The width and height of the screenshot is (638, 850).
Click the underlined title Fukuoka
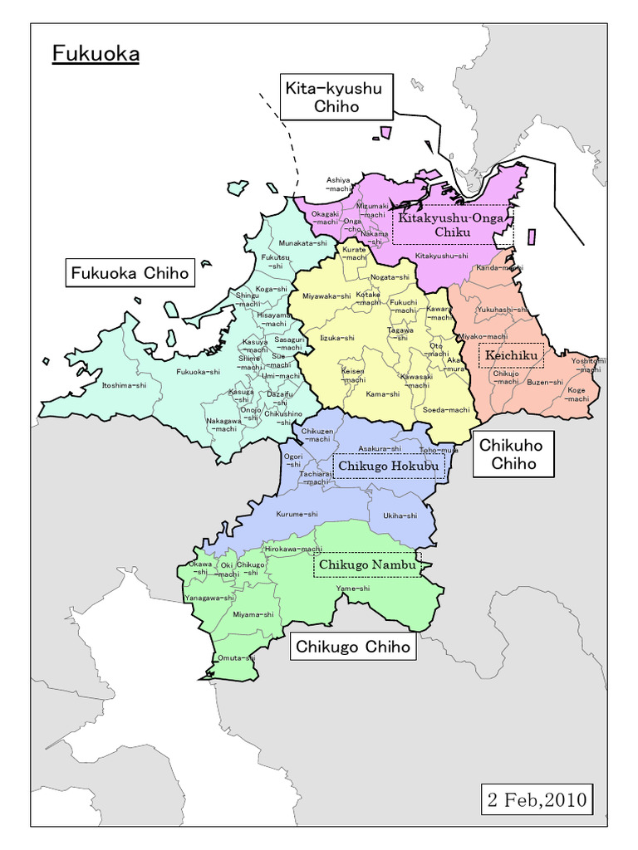point(96,54)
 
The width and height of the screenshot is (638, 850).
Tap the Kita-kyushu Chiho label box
point(336,97)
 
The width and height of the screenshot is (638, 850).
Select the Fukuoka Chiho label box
point(130,272)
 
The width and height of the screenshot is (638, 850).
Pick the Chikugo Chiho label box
point(353,646)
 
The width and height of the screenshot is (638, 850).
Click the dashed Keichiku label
point(512,356)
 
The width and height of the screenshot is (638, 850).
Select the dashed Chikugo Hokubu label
point(388,467)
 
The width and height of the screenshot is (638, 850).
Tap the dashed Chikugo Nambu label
point(366,564)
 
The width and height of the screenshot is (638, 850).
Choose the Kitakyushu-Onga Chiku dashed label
point(452,225)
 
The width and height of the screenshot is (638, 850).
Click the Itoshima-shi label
point(124,385)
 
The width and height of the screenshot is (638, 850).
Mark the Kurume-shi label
point(297,514)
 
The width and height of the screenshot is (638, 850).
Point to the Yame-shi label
point(353,589)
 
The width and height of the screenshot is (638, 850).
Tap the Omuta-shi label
point(235,657)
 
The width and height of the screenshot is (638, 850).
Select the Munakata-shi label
point(302,243)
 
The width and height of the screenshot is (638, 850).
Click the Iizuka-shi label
point(337,338)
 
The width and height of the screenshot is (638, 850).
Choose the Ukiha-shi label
point(400,515)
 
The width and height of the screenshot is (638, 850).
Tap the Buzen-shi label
point(545,383)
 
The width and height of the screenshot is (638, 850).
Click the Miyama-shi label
point(253,614)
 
